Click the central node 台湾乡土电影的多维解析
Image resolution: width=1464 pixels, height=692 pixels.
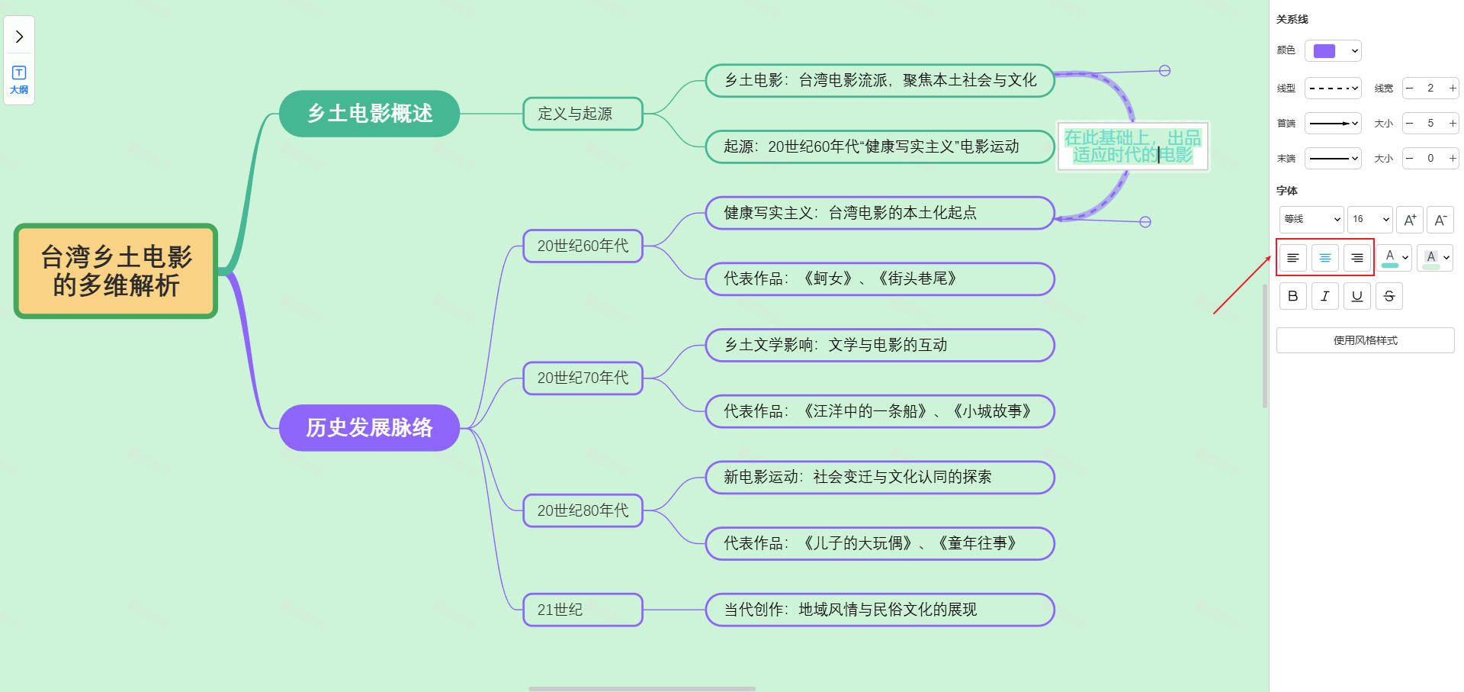tap(116, 271)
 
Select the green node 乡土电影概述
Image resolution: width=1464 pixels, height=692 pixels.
tap(369, 114)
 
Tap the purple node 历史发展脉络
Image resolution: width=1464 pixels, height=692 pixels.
tap(369, 427)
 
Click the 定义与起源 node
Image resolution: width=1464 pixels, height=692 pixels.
tap(583, 114)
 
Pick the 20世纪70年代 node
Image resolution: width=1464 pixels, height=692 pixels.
tap(583, 378)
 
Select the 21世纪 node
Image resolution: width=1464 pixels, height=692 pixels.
tap(583, 610)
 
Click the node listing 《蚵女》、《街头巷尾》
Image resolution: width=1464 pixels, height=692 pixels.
tap(879, 278)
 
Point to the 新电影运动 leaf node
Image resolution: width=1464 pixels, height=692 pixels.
tap(879, 477)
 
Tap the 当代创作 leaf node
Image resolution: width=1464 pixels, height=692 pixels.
tap(879, 610)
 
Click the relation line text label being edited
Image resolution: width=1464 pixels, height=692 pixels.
tap(1132, 146)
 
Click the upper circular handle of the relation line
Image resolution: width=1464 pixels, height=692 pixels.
tap(1164, 71)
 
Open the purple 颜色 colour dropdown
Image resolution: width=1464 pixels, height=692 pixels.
tap(1333, 51)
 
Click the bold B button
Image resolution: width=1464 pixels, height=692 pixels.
tap(1292, 296)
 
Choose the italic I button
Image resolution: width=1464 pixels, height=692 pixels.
tap(1325, 296)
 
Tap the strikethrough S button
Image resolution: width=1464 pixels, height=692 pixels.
tap(1389, 296)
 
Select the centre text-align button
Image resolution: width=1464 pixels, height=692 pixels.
tap(1325, 258)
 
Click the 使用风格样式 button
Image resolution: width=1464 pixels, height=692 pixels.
tap(1365, 340)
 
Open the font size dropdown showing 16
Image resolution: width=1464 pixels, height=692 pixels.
tap(1369, 219)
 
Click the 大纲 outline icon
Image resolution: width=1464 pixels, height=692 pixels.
tap(19, 79)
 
